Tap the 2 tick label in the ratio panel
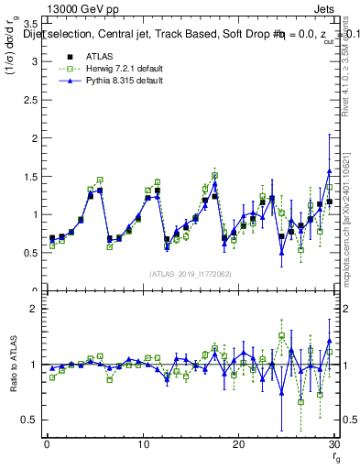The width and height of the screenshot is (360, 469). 32,309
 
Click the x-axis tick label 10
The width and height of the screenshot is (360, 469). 143,444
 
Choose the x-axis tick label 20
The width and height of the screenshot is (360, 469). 238,444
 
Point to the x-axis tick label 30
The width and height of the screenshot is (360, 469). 333,444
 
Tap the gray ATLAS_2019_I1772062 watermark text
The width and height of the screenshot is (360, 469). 188,273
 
